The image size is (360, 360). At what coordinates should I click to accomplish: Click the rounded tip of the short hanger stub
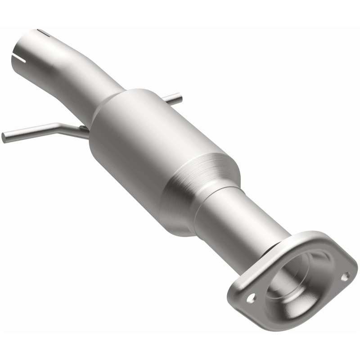pyautogui.click(x=180, y=96)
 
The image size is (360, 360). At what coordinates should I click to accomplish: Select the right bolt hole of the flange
pyautogui.click(x=345, y=276)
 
